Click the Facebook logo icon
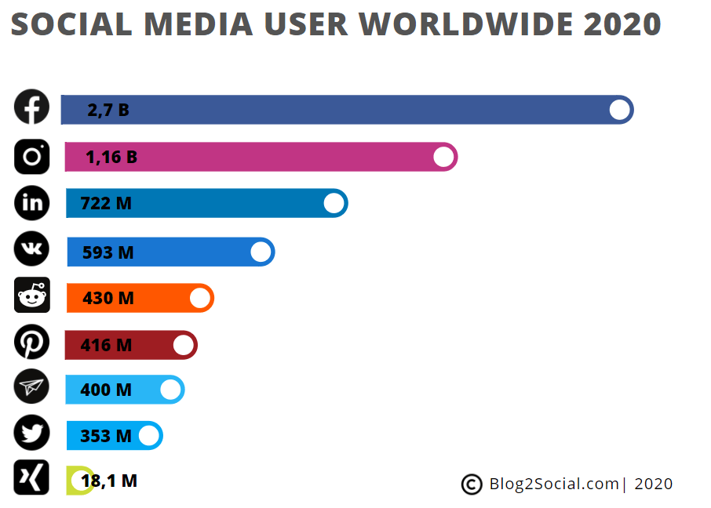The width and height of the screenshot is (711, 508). pyautogui.click(x=31, y=107)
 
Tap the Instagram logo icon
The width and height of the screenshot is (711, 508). pyautogui.click(x=32, y=156)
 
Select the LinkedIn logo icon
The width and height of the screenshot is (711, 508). pyautogui.click(x=32, y=203)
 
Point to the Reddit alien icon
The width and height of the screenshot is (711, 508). pyautogui.click(x=32, y=296)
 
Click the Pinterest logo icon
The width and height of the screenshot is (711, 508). pyautogui.click(x=32, y=342)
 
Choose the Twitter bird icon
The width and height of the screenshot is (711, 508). pyautogui.click(x=32, y=433)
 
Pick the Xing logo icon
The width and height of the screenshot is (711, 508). pyautogui.click(x=32, y=477)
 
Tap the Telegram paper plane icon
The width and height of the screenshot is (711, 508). pyautogui.click(x=32, y=386)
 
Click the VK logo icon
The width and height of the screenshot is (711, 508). pyautogui.click(x=32, y=249)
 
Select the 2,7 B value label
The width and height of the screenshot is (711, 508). pyautogui.click(x=108, y=111)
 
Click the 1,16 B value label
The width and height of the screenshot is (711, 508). pyautogui.click(x=111, y=158)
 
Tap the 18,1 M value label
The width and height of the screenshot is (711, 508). pyautogui.click(x=109, y=481)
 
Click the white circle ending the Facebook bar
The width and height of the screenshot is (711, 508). pyautogui.click(x=620, y=110)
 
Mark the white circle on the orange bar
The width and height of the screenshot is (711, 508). pyautogui.click(x=200, y=298)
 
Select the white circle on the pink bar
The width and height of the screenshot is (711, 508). pyautogui.click(x=443, y=157)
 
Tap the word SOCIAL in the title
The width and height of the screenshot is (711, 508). pyautogui.click(x=71, y=24)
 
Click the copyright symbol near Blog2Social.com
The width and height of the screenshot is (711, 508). pyautogui.click(x=472, y=484)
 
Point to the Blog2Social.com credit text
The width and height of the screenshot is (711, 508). pyautogui.click(x=554, y=484)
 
